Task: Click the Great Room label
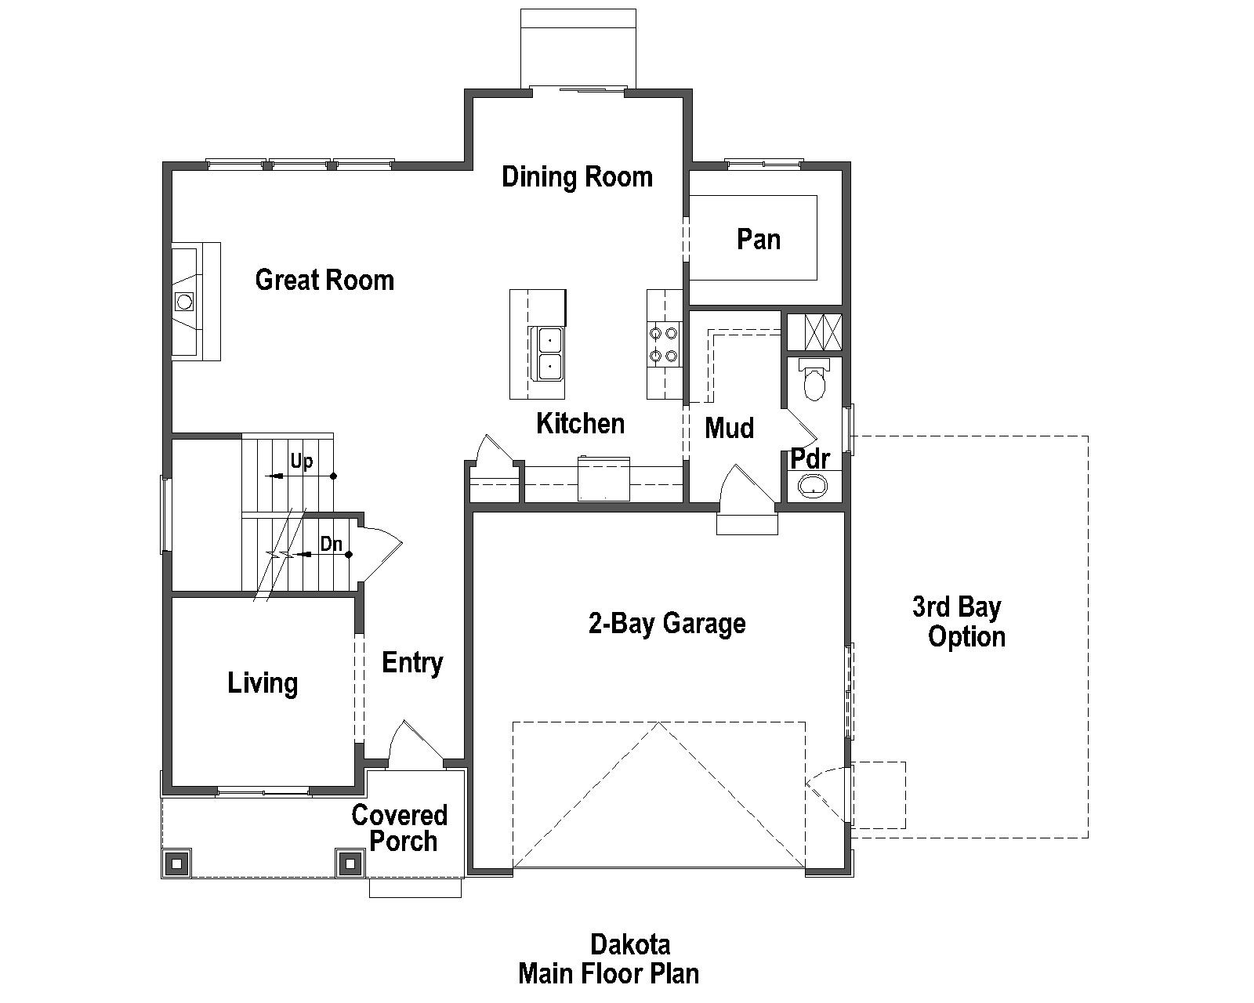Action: click(324, 280)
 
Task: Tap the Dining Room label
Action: click(577, 177)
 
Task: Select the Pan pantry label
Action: click(758, 239)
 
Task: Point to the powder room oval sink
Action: click(814, 487)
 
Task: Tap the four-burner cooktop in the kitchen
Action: click(662, 344)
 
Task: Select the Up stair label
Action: click(302, 462)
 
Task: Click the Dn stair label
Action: click(332, 544)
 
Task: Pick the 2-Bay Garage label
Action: click(666, 624)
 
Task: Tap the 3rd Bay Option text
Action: click(958, 621)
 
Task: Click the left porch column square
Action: click(176, 864)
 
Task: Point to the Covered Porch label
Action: click(400, 827)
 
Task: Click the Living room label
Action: click(263, 683)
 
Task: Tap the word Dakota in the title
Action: click(629, 943)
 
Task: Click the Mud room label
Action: click(729, 428)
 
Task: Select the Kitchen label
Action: click(580, 424)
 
